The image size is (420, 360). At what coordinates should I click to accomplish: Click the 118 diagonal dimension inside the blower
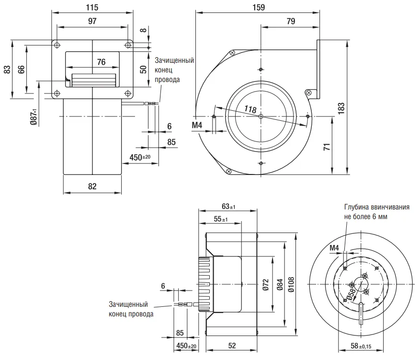pyautogui.click(x=250, y=110)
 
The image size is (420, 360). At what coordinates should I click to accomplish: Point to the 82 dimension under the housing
pyautogui.click(x=92, y=186)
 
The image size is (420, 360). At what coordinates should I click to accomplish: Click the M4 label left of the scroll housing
pyautogui.click(x=197, y=125)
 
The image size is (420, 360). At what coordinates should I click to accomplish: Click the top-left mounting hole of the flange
pyautogui.click(x=57, y=45)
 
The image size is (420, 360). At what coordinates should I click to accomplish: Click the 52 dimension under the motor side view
pyautogui.click(x=232, y=346)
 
